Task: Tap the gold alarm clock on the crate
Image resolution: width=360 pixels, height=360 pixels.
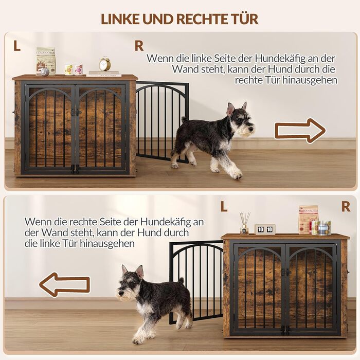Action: pos(105,64)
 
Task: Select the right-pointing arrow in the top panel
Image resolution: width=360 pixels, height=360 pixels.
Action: pos(300,131)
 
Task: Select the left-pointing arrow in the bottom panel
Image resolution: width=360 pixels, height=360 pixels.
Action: pos(64,284)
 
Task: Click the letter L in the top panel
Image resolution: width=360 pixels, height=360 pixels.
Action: pos(17,46)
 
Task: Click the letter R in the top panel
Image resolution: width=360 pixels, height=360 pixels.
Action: pos(139,46)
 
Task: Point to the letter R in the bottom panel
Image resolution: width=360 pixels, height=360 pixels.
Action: pos(346,206)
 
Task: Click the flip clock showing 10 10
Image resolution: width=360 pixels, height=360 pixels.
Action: pos(265,229)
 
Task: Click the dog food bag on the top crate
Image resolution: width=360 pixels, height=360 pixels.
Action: pos(46,61)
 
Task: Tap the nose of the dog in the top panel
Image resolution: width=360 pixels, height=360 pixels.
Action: pos(253,129)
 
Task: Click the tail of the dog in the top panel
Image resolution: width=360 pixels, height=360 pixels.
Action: pos(184,120)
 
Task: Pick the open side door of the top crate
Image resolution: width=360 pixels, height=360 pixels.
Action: pos(162,122)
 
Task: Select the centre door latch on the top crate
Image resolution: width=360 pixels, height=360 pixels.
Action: pos(76,113)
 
